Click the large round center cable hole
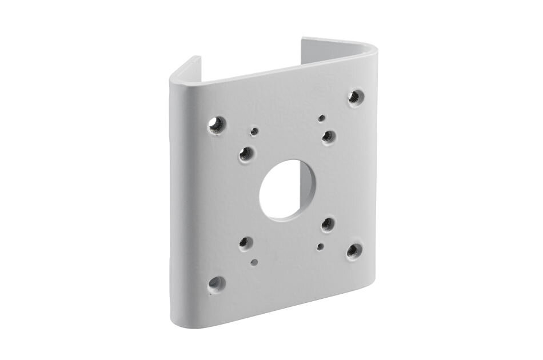pos(288,190)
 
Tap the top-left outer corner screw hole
pos(217,123)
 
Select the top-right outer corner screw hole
pos(356,97)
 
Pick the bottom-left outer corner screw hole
pos(216,283)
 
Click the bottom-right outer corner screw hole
pos(354,250)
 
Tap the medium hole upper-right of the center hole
pos(328,136)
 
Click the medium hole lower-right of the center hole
pos(328,223)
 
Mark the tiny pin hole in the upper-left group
pos(254,131)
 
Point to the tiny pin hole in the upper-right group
pos(322,118)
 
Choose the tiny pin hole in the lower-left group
pos(254,262)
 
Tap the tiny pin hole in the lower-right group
pos(321,247)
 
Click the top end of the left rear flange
pos(193,60)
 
